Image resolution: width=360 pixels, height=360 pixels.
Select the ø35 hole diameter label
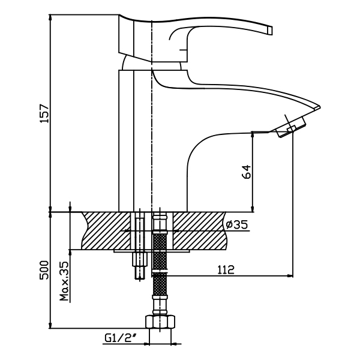click(236, 225)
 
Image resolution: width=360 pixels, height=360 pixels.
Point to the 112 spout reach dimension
click(226, 270)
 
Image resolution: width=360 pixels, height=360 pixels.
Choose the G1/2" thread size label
click(120, 338)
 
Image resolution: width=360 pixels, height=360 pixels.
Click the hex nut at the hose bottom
click(160, 322)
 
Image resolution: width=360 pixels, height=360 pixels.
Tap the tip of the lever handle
click(269, 30)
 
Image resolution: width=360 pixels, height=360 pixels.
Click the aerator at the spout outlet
click(291, 128)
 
